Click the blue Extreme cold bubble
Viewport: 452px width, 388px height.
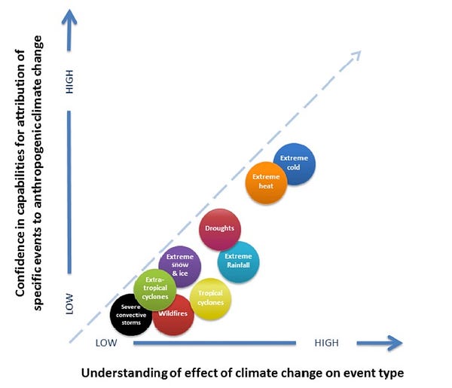coord(293,163)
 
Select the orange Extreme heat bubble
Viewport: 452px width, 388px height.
coord(267,182)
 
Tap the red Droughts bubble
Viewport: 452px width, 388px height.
coord(220,228)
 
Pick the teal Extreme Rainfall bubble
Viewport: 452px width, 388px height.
coord(239,261)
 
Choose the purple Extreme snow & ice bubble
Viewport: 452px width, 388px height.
coord(180,266)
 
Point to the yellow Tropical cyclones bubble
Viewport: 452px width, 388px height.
coord(211,298)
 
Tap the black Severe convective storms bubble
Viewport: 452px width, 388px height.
coord(131,315)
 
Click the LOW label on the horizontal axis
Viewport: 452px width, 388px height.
coord(107,344)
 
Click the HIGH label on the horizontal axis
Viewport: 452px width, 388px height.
coord(326,344)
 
